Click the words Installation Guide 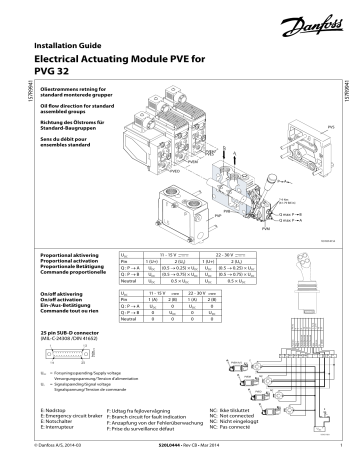point(62,47)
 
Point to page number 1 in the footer point(341,457)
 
